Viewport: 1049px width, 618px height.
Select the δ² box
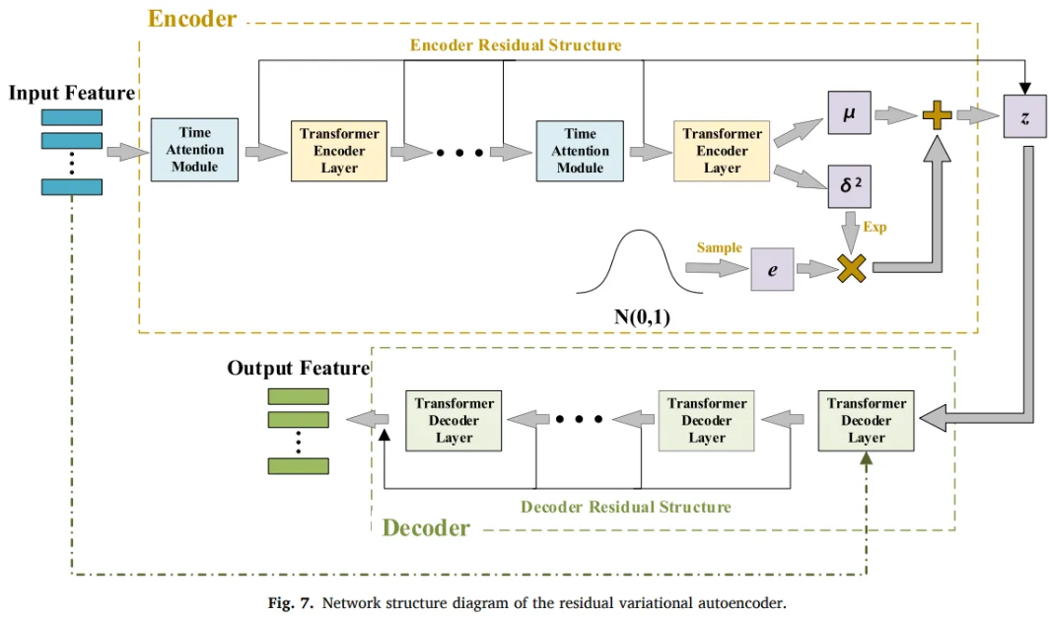(x=849, y=185)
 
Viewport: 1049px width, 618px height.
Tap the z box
(x=1024, y=117)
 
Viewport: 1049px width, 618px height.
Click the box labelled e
(x=772, y=268)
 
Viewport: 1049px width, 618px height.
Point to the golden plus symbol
(x=937, y=116)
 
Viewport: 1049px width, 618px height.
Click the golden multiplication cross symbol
(x=851, y=268)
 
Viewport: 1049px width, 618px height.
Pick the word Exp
(x=874, y=227)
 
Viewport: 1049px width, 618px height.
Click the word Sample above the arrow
(x=719, y=247)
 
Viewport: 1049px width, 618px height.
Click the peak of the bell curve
(x=630, y=233)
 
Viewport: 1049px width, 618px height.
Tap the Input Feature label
(x=71, y=94)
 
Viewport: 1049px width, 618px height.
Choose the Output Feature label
(x=298, y=368)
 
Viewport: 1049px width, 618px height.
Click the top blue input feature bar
(x=71, y=117)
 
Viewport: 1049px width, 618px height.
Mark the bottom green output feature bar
(x=298, y=466)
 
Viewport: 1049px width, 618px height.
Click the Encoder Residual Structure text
(x=516, y=45)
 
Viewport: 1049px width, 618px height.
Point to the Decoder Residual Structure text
(x=625, y=507)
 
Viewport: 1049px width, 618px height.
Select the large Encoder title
(x=192, y=18)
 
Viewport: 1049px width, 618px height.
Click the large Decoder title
(x=426, y=528)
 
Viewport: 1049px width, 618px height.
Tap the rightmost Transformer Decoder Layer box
(x=867, y=421)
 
